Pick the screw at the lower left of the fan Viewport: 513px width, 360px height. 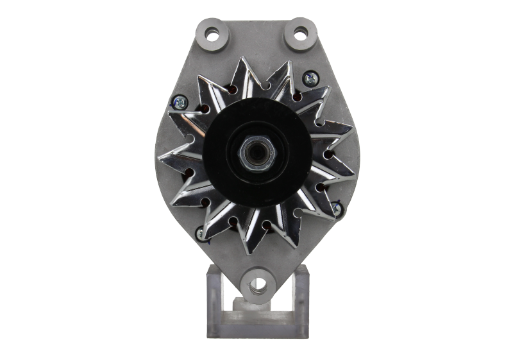click(201, 232)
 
